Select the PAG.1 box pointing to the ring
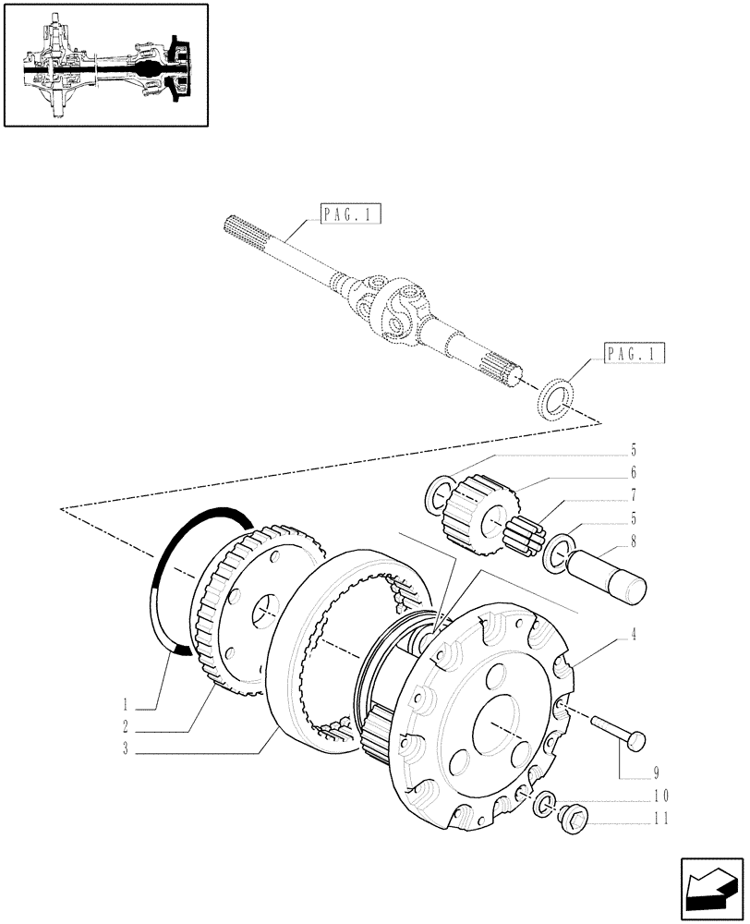(x=635, y=353)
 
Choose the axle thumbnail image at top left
(x=105, y=65)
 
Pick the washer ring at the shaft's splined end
(x=557, y=396)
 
